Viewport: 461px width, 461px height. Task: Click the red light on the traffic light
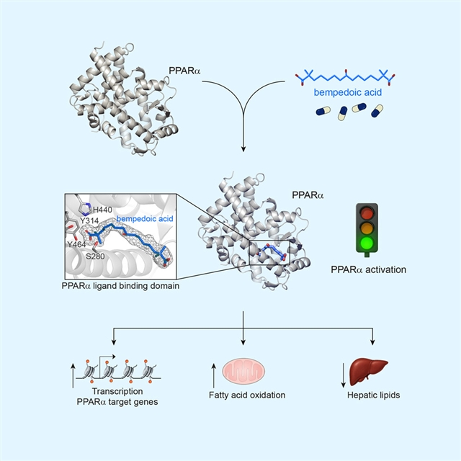(x=368, y=213)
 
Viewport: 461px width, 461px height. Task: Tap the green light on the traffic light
(x=368, y=243)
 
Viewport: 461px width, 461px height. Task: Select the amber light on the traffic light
(x=368, y=228)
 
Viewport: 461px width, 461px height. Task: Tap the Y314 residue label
(x=89, y=220)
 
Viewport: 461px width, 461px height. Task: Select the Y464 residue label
(x=78, y=245)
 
